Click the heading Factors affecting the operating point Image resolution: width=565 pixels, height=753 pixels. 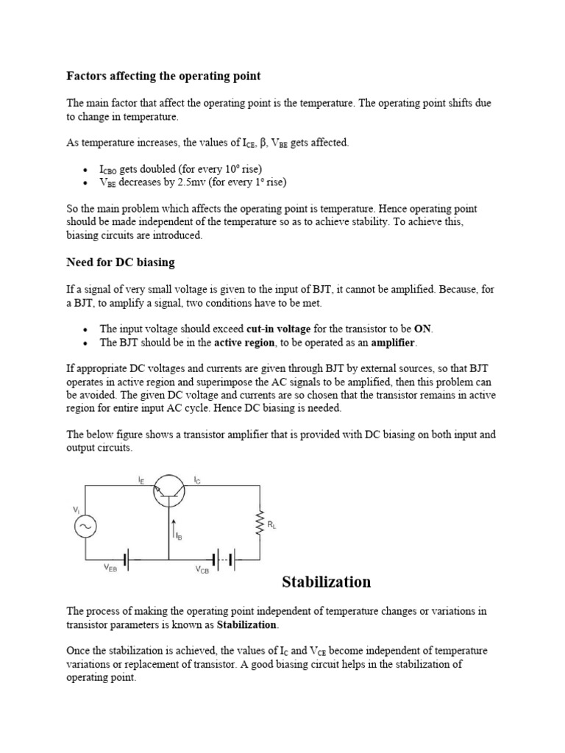tap(163, 76)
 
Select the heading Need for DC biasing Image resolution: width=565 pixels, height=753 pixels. tap(121, 263)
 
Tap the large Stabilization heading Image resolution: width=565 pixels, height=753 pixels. tap(327, 582)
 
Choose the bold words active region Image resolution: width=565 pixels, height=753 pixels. tap(245, 343)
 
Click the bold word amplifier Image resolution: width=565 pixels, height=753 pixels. tap(393, 343)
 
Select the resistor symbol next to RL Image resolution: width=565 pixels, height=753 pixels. tap(258, 524)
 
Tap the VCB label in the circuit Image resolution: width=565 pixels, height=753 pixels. tap(202, 570)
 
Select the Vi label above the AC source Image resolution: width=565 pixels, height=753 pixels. tap(74, 509)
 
